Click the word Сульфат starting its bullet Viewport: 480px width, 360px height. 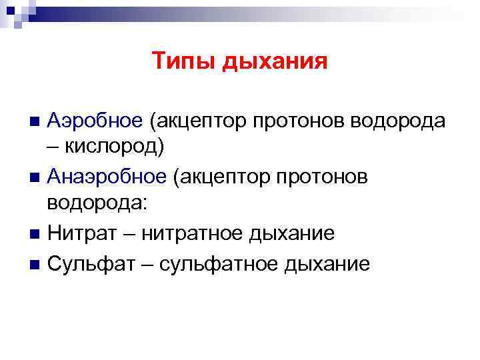coord(93,263)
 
